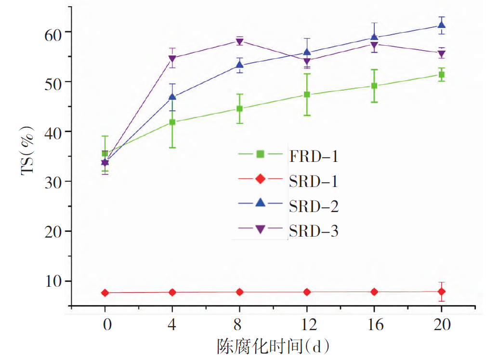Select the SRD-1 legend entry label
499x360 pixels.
[x=314, y=181]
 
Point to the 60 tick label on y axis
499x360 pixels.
[x=48, y=32]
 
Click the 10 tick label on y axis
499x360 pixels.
[x=48, y=281]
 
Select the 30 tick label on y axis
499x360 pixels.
[x=48, y=182]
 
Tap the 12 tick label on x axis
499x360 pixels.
[x=307, y=325]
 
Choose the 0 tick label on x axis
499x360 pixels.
[x=105, y=325]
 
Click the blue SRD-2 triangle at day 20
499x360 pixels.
[x=441, y=25]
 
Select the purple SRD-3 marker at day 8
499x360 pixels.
[x=239, y=41]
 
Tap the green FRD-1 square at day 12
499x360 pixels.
[x=307, y=94]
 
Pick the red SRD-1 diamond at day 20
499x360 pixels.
[x=441, y=292]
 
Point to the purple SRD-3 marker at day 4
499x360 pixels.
[x=172, y=59]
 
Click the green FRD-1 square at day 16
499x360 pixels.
[x=374, y=86]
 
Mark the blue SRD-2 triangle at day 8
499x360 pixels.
[x=239, y=65]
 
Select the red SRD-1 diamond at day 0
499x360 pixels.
[x=105, y=293]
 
